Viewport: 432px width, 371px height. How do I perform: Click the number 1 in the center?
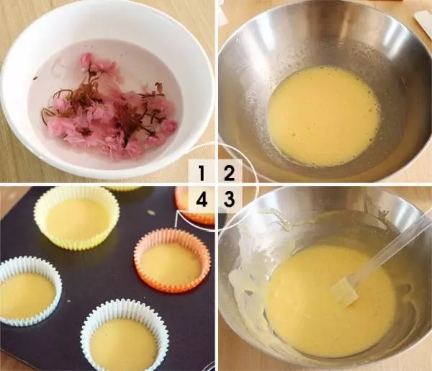202,172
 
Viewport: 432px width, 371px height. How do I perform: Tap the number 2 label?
228,172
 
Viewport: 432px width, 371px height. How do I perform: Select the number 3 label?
228,198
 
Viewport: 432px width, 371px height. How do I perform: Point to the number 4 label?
202,198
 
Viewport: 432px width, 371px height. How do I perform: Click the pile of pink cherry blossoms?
108,115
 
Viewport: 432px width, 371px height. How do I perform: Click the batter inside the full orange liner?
171,264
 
